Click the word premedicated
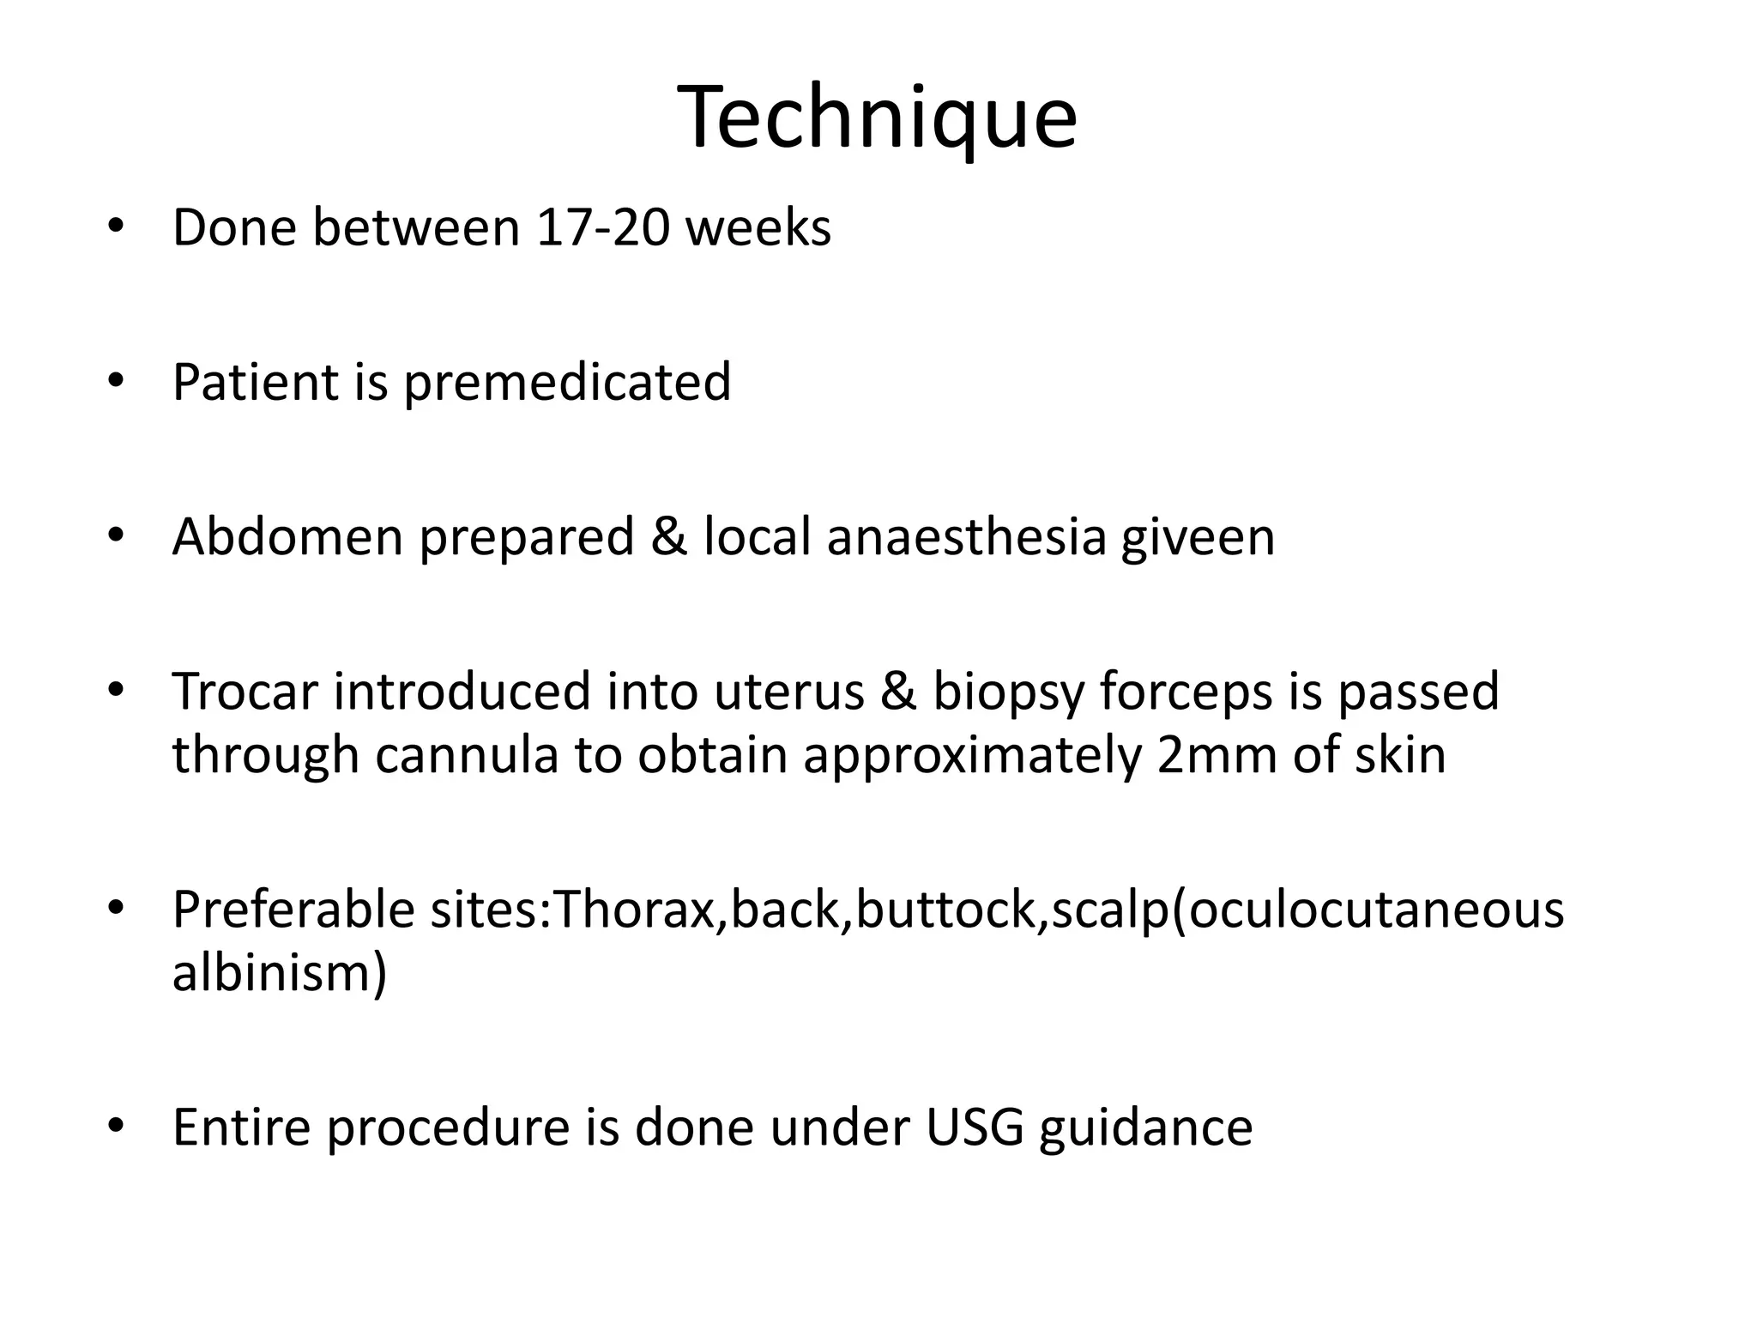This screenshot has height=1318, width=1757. (567, 383)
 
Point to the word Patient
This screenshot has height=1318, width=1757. (255, 383)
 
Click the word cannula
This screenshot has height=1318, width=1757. (467, 755)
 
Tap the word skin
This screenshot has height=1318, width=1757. (1400, 755)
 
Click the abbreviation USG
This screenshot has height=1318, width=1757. (975, 1128)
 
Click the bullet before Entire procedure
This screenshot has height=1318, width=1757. (116, 1124)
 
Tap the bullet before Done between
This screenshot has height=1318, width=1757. (116, 227)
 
